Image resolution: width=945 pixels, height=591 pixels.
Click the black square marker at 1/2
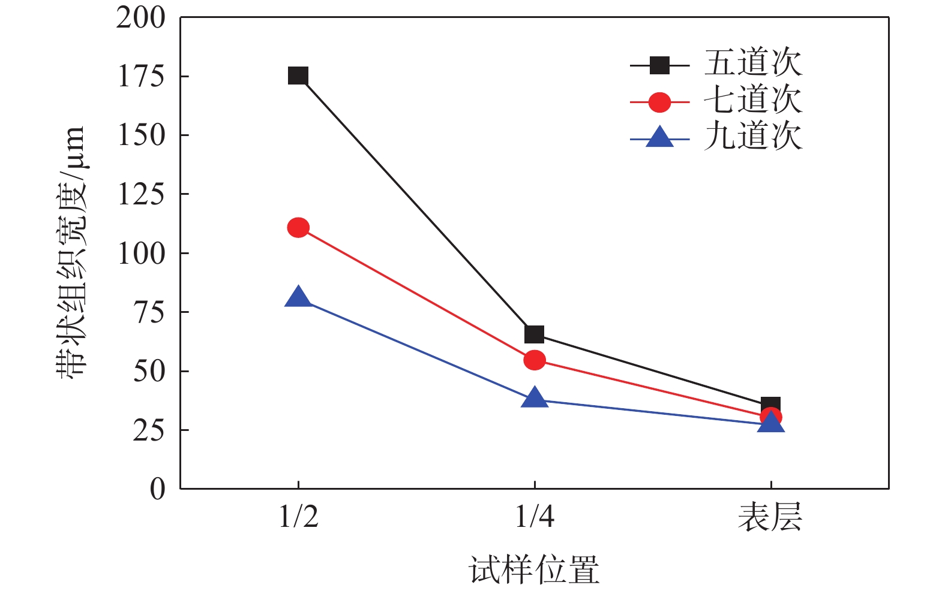click(298, 76)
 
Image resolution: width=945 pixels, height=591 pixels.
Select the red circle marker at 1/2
click(298, 228)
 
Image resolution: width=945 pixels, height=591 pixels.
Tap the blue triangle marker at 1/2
click(298, 297)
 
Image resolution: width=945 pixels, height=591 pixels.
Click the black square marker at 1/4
click(534, 334)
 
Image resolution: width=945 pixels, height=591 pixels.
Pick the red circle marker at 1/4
click(534, 360)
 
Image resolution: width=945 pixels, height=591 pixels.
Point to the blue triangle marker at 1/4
click(534, 399)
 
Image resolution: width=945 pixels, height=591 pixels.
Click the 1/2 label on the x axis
click(298, 517)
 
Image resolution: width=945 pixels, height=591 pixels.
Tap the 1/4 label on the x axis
click(534, 517)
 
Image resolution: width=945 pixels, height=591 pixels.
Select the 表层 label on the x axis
click(770, 517)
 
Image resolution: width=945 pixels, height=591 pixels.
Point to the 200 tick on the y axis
click(140, 18)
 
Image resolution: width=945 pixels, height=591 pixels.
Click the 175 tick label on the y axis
click(140, 77)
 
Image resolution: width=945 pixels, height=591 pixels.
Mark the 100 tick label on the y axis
click(140, 254)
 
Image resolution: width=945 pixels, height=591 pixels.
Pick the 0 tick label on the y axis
click(157, 489)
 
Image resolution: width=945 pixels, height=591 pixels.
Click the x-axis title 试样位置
click(534, 569)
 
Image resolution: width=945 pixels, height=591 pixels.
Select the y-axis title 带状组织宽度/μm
click(72, 252)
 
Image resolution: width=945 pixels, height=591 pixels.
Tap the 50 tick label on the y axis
click(149, 372)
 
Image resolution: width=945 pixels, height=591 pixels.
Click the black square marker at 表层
click(770, 405)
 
